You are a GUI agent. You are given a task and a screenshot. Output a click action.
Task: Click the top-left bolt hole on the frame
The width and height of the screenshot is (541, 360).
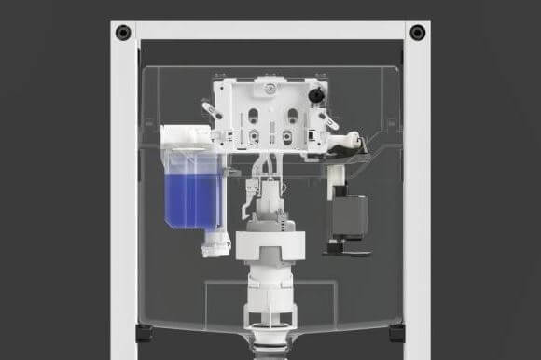[x=123, y=33]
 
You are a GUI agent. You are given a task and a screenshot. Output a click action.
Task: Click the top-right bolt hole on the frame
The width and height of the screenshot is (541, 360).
[x=417, y=33]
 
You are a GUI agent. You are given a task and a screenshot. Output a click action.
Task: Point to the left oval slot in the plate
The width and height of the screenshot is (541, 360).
[x=252, y=118]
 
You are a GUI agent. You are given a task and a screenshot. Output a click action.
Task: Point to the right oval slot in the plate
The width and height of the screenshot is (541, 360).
[x=292, y=118]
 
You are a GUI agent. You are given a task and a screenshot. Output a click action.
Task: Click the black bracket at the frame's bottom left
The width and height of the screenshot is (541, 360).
[x=143, y=333]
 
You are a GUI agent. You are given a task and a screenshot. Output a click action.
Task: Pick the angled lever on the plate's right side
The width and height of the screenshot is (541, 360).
[x=328, y=119]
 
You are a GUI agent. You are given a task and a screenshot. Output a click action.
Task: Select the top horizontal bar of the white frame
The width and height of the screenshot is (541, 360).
[x=270, y=30]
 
